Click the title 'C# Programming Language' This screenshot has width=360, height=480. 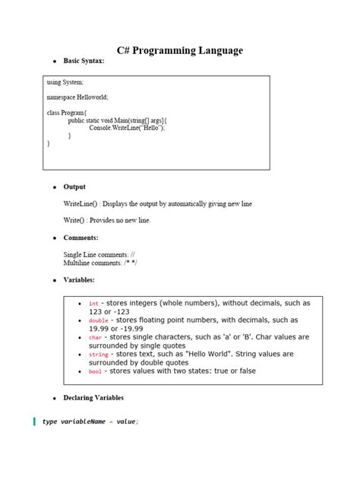(180, 51)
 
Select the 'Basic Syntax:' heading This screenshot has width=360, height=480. (84, 60)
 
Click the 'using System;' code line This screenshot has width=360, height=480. (65, 82)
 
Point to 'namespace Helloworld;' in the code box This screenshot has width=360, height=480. (77, 97)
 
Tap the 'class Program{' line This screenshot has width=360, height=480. (68, 112)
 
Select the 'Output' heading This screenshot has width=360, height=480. (74, 186)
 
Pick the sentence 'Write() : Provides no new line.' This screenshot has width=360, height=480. (107, 220)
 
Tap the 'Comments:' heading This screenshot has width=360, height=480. (81, 238)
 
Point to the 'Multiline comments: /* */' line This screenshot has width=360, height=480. (100, 263)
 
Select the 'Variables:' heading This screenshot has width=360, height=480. (80, 280)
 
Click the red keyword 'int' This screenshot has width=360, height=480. (93, 304)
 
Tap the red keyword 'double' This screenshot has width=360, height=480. (99, 321)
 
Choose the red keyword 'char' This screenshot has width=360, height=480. (96, 337)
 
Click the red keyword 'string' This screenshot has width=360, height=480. (99, 355)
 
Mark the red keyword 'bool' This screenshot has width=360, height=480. (96, 371)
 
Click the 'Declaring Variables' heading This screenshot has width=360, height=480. (93, 397)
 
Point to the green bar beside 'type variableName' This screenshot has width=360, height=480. (34, 422)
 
